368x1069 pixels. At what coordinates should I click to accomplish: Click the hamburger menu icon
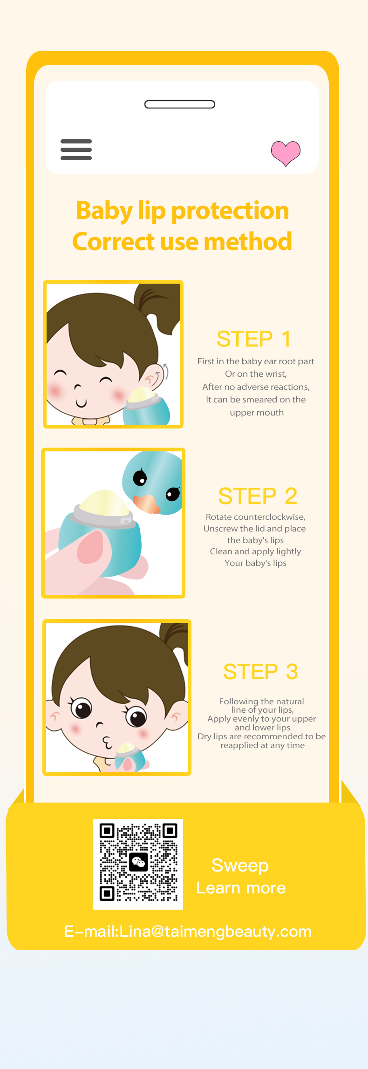[76, 150]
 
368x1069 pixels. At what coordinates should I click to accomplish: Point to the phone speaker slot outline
[180, 104]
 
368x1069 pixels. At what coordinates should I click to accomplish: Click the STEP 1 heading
[254, 339]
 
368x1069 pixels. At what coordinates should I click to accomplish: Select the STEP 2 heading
[258, 496]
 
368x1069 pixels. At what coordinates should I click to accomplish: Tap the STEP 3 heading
[260, 671]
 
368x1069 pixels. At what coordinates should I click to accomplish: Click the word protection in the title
[230, 211]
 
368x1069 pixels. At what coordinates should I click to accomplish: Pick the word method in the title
[248, 242]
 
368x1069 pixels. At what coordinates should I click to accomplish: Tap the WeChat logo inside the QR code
[138, 862]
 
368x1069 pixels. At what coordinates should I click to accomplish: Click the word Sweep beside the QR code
[240, 865]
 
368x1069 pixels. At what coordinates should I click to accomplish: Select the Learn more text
[241, 888]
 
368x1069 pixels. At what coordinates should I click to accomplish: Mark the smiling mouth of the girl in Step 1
[81, 402]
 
